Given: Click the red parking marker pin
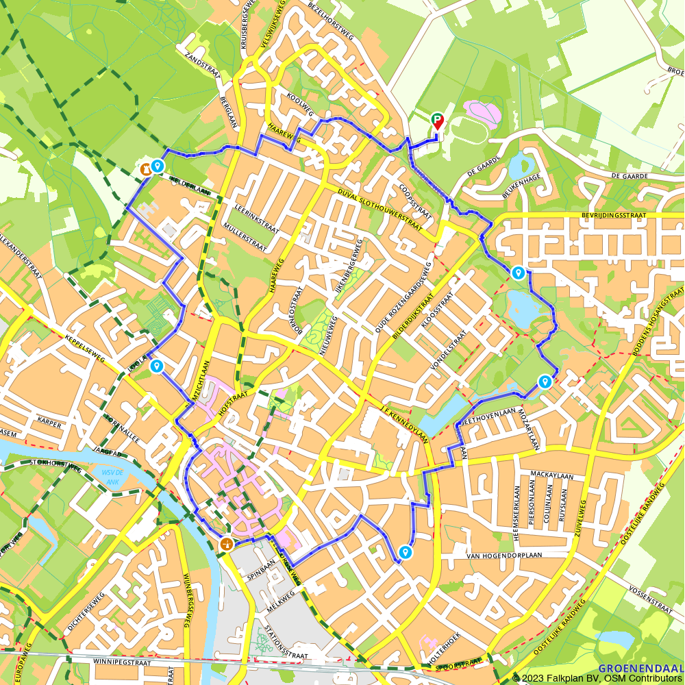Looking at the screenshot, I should (437, 121).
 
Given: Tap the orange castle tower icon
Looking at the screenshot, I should (145, 168).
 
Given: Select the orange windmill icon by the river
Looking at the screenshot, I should (225, 544).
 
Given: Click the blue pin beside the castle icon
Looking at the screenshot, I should (158, 166).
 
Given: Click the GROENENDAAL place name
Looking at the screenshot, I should (640, 668).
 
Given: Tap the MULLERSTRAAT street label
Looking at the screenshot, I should (245, 236).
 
